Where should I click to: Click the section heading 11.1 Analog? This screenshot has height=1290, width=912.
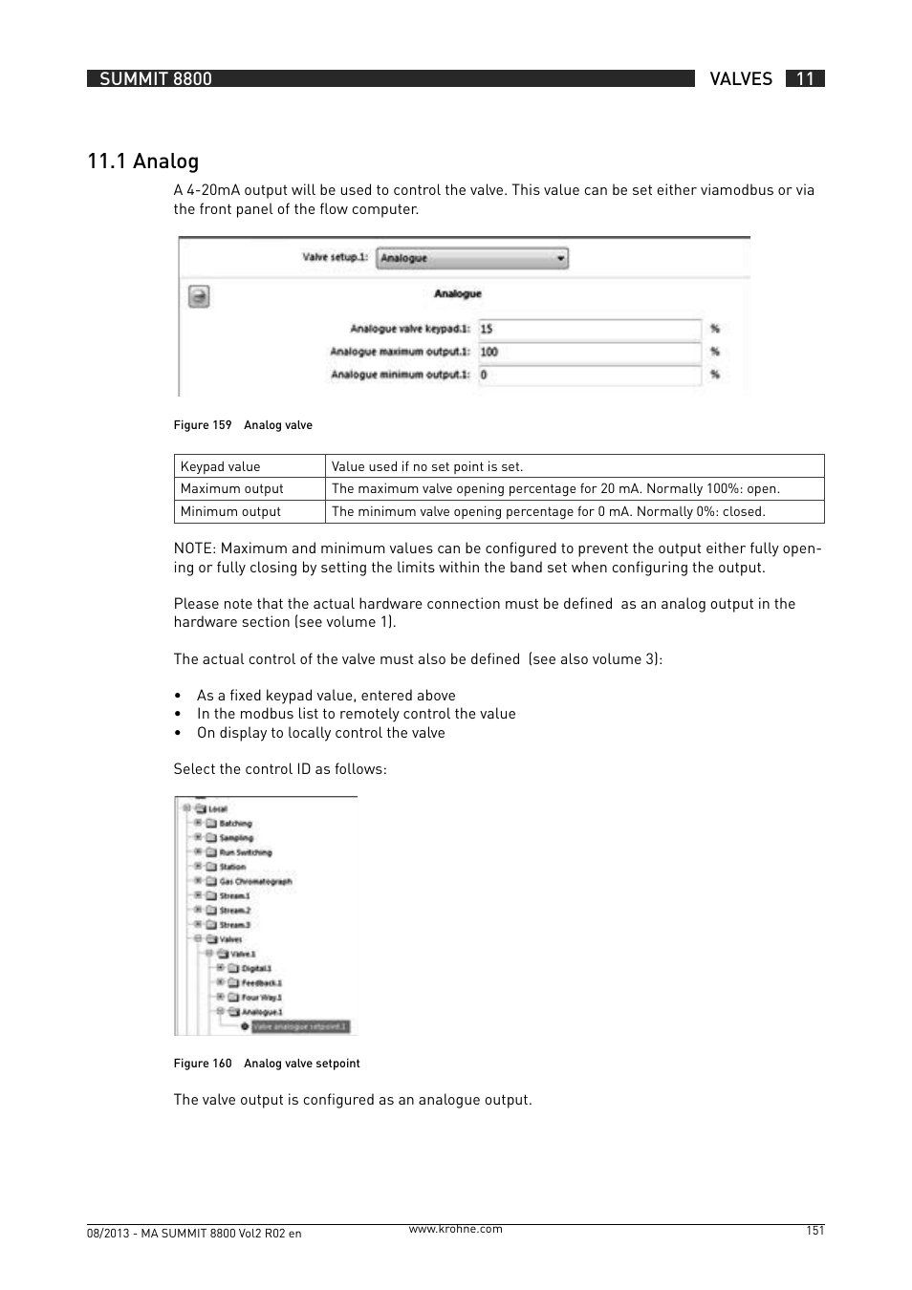tap(142, 161)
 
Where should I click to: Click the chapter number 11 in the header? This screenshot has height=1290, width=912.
tap(805, 78)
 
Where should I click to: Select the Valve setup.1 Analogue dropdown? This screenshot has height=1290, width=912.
tap(471, 258)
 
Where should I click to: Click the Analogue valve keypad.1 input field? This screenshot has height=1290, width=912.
tap(590, 329)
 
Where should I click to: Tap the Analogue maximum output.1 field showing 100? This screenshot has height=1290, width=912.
tap(590, 352)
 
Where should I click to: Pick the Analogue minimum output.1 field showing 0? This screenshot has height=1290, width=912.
tap(590, 375)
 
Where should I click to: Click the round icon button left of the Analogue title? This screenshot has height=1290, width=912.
tap(198, 296)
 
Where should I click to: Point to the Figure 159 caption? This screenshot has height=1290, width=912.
tap(243, 425)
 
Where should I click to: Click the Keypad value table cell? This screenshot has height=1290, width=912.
tap(221, 466)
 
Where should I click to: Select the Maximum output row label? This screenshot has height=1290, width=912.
tap(232, 488)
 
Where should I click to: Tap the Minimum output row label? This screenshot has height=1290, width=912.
tap(230, 511)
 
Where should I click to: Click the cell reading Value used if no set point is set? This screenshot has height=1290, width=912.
tap(427, 466)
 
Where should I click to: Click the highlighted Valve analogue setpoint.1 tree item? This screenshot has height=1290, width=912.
tap(301, 1026)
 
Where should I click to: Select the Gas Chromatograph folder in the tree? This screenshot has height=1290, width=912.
tap(255, 881)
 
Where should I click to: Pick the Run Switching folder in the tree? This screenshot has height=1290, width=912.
tap(246, 852)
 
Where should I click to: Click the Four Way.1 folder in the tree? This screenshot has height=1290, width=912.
tap(261, 997)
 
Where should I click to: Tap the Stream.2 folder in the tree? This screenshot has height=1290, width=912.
tap(234, 910)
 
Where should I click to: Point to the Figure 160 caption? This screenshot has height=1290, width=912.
tap(267, 1064)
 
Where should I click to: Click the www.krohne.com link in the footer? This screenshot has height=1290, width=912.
tap(455, 1229)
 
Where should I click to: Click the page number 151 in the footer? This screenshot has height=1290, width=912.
tap(814, 1231)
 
